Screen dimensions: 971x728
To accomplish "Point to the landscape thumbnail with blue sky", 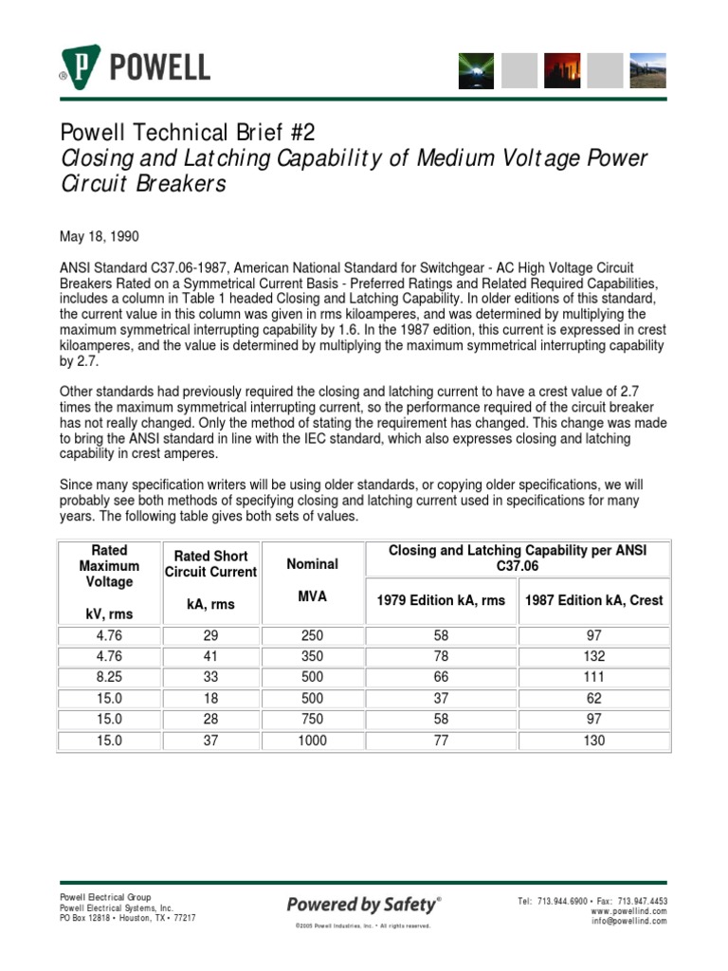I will [648, 70].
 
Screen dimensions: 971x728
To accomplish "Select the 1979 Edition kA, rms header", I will [441, 600].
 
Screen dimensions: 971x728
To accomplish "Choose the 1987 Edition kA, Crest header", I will [594, 600].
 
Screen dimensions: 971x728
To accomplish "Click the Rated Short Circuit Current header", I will [210, 564].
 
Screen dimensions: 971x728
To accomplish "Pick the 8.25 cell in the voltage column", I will [109, 678].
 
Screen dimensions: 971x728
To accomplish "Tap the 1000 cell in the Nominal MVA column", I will [312, 741].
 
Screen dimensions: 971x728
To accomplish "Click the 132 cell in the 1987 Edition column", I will [594, 657].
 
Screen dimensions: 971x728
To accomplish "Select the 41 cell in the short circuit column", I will [210, 657].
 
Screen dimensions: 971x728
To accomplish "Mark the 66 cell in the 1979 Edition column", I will [441, 678].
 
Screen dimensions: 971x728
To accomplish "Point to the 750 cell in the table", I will [312, 720].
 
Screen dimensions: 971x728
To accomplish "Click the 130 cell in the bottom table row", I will [594, 741].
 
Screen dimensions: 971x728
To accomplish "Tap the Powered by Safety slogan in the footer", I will [362, 904].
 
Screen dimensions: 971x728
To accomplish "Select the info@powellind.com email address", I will [629, 922].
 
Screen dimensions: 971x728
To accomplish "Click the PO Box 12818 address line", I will [128, 918].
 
